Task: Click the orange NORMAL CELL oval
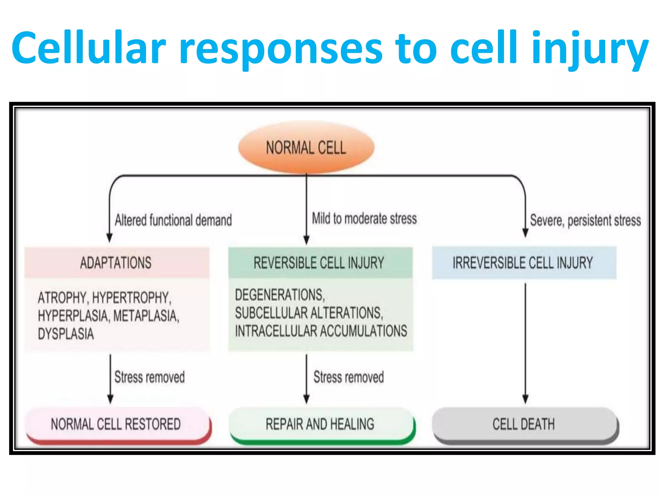pyautogui.click(x=306, y=148)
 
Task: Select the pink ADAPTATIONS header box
pyautogui.click(x=117, y=262)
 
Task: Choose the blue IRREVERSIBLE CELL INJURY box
pyautogui.click(x=524, y=262)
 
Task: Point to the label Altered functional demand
pyautogui.click(x=173, y=220)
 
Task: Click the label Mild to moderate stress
pyautogui.click(x=364, y=218)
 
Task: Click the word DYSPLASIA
pyautogui.click(x=66, y=334)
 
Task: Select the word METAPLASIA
pyautogui.click(x=146, y=316)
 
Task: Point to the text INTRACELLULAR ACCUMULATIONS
pyautogui.click(x=321, y=331)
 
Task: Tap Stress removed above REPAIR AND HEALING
pyautogui.click(x=349, y=377)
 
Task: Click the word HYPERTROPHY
pyautogui.click(x=131, y=298)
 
